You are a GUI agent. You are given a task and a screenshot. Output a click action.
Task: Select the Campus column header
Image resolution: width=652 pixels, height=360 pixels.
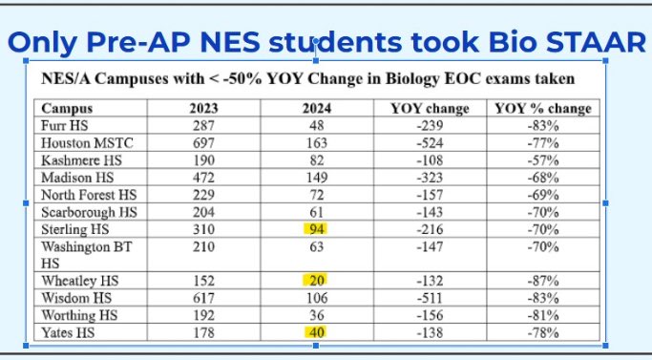click(68, 109)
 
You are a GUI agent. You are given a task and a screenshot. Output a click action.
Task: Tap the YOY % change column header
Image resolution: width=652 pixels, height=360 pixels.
click(544, 109)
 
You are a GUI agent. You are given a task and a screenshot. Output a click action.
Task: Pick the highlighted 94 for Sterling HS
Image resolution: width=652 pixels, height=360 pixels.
click(314, 228)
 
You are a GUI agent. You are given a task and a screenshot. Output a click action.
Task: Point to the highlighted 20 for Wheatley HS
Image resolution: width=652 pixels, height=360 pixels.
click(314, 280)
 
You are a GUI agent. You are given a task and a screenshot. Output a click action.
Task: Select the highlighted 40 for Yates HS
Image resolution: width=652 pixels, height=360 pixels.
click(314, 332)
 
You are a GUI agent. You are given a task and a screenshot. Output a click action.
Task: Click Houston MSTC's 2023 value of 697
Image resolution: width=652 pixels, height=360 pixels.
click(203, 142)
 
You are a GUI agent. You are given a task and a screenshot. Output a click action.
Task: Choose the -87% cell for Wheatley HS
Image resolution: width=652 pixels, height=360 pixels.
click(544, 280)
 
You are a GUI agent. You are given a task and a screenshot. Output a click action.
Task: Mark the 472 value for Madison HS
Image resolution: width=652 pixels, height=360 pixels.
click(203, 177)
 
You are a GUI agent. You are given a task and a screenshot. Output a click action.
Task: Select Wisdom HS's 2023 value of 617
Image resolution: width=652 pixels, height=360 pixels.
click(203, 298)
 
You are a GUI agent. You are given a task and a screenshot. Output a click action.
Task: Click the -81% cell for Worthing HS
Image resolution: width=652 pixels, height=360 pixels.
click(544, 315)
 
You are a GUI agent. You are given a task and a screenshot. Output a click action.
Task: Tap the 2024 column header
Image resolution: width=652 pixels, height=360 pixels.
click(314, 109)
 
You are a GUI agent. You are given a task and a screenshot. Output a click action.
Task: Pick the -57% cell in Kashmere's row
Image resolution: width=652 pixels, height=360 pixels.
click(544, 159)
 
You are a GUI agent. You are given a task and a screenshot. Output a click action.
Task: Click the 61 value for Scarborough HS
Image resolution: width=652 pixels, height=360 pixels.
click(314, 211)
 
